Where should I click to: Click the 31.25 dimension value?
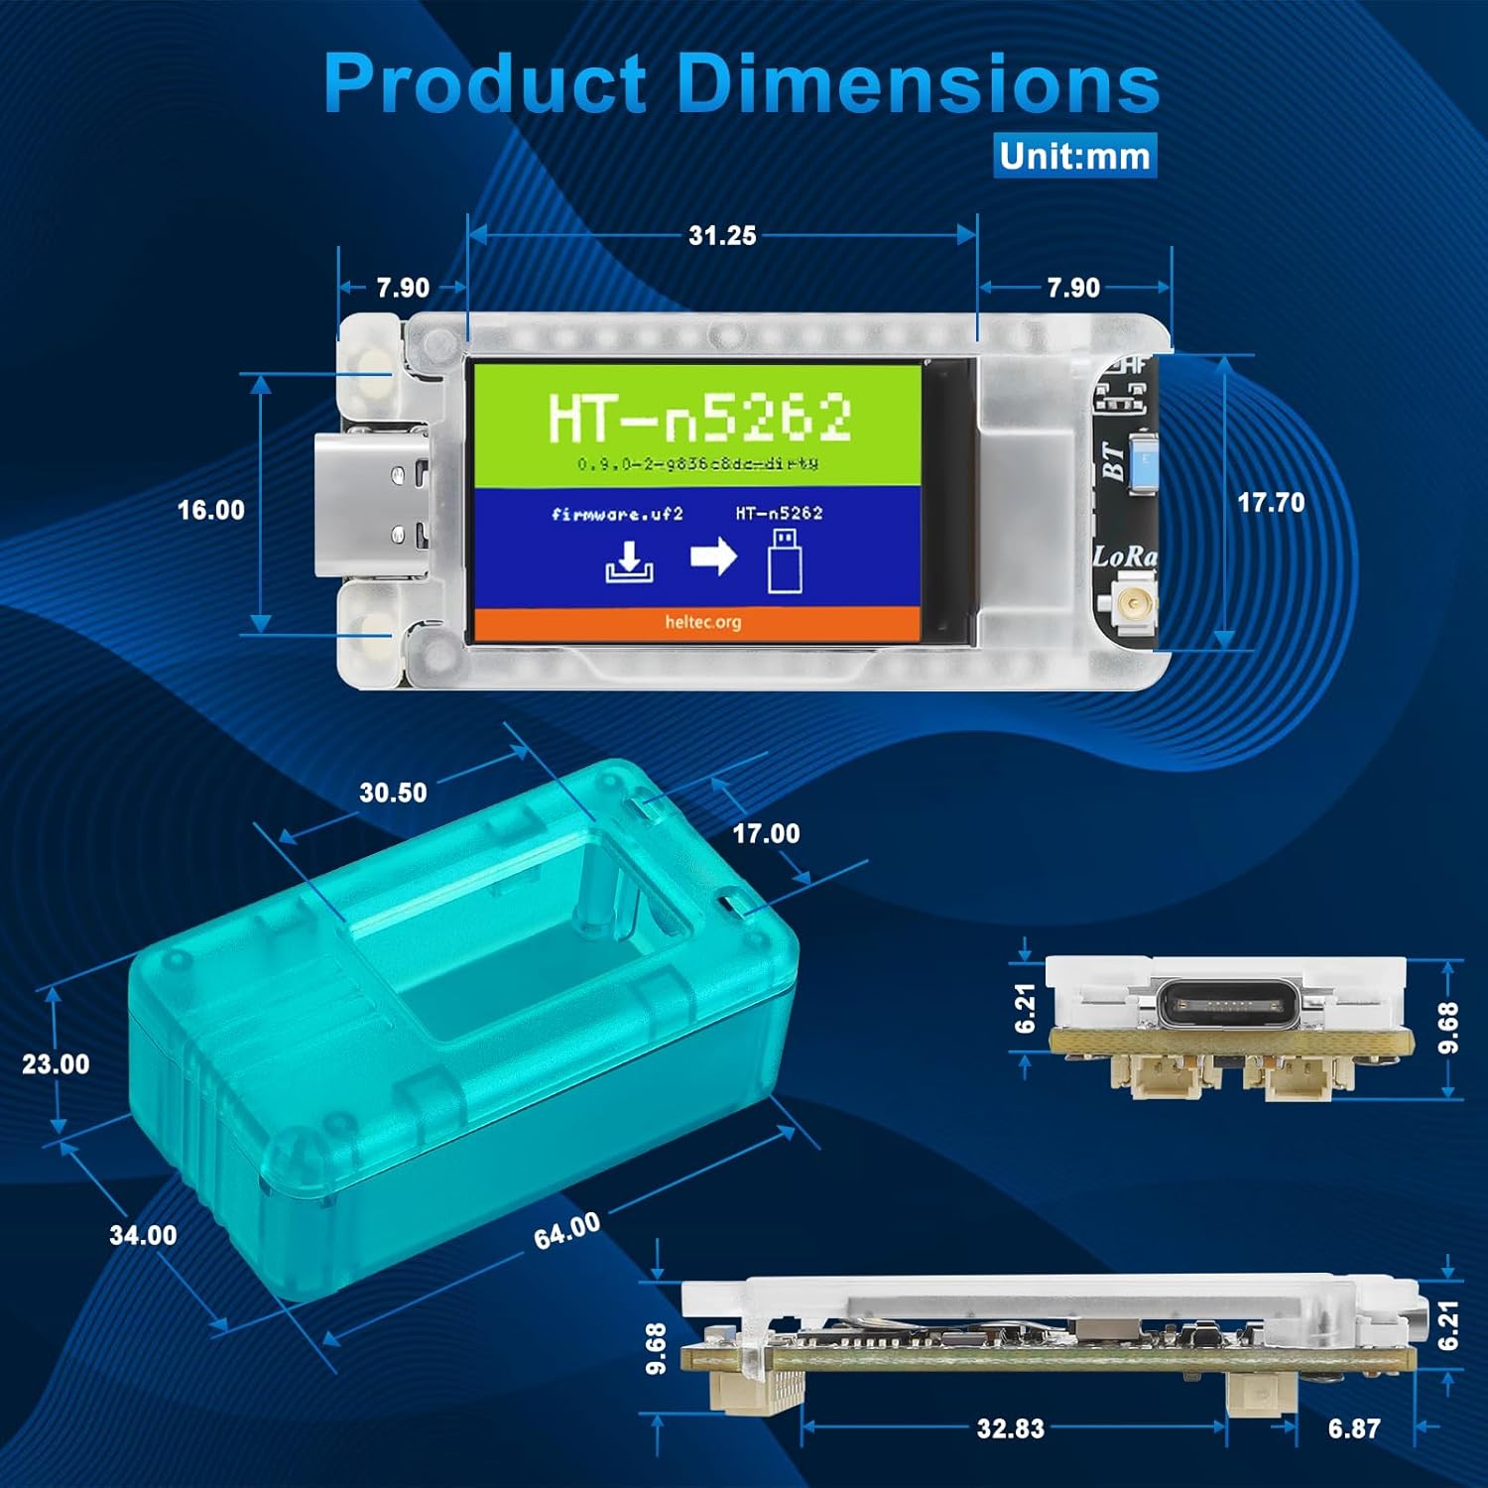722,236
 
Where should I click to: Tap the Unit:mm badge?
1074,156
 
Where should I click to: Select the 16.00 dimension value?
210,510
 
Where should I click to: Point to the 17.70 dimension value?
1270,503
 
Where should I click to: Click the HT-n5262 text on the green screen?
699,418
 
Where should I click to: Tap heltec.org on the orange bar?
702,622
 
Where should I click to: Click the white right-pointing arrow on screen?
713,557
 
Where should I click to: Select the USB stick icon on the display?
784,560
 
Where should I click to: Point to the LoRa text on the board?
1124,557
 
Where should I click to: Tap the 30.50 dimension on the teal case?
393,793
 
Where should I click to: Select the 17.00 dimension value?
765,833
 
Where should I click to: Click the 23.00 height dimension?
56,1064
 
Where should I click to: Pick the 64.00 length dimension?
566,1231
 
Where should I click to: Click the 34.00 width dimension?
143,1235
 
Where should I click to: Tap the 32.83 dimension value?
1010,1428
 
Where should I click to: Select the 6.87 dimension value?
1353,1428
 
